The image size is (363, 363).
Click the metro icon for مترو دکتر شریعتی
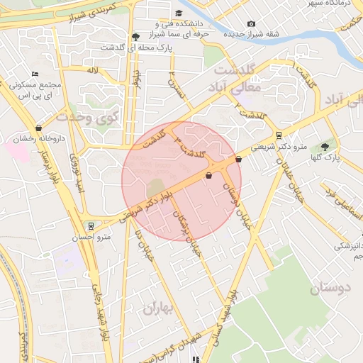click(279, 135)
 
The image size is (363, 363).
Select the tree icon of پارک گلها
click(325, 147)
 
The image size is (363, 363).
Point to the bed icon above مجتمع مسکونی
click(35, 74)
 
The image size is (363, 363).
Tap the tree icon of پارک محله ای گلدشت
click(135, 37)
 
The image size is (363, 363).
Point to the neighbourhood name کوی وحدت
click(95, 116)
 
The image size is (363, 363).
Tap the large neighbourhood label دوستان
click(330, 289)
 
